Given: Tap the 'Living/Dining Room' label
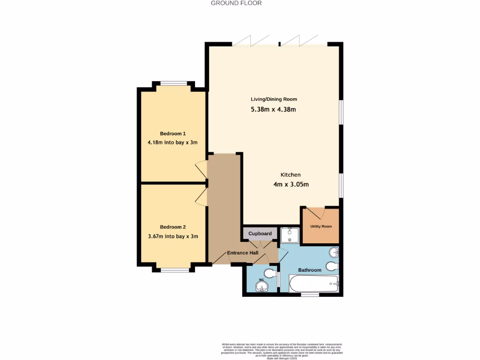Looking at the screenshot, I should click(274, 99).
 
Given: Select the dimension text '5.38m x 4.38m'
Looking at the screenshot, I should click(274, 110).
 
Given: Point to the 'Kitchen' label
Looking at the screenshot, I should click(291, 174).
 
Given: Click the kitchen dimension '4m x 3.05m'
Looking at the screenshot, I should click(291, 184).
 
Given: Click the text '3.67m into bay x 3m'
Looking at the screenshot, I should click(172, 236).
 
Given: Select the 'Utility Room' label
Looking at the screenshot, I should click(321, 226).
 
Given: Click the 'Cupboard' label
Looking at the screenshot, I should click(260, 233).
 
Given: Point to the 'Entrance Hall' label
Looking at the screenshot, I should click(242, 253).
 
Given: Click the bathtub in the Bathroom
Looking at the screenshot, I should click(313, 284).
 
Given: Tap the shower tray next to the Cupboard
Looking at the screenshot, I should click(290, 235).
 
